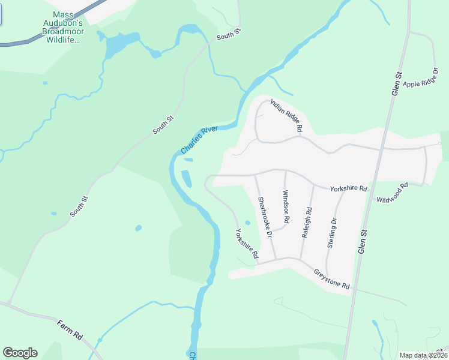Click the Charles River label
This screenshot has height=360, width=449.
tap(198, 140)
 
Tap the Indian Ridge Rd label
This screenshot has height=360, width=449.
tap(286, 116)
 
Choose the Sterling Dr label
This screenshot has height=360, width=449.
tap(334, 230)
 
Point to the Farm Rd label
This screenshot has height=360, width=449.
tap(70, 331)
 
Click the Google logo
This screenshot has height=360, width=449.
tap(19, 353)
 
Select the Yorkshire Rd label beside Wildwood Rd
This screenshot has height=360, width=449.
tap(348, 188)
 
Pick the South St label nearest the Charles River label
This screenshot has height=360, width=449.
tap(163, 125)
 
